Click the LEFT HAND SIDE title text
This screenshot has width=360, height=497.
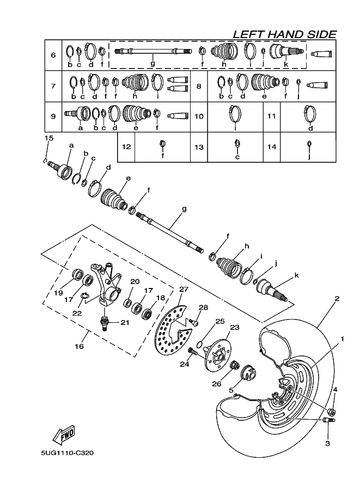point(284,34)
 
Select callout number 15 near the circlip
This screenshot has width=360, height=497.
point(48,138)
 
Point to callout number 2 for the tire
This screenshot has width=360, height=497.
point(337,298)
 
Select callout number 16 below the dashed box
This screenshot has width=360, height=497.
point(79,346)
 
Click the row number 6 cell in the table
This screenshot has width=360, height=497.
point(53,56)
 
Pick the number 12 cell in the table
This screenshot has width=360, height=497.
point(126,147)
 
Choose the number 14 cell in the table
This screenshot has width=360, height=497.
point(272,147)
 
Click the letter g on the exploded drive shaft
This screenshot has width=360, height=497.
point(184,208)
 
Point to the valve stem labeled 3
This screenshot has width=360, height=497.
point(328,420)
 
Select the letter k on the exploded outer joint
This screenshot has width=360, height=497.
point(296,275)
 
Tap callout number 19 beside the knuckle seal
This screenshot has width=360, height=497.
point(59,292)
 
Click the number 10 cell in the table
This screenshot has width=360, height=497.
point(199,116)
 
